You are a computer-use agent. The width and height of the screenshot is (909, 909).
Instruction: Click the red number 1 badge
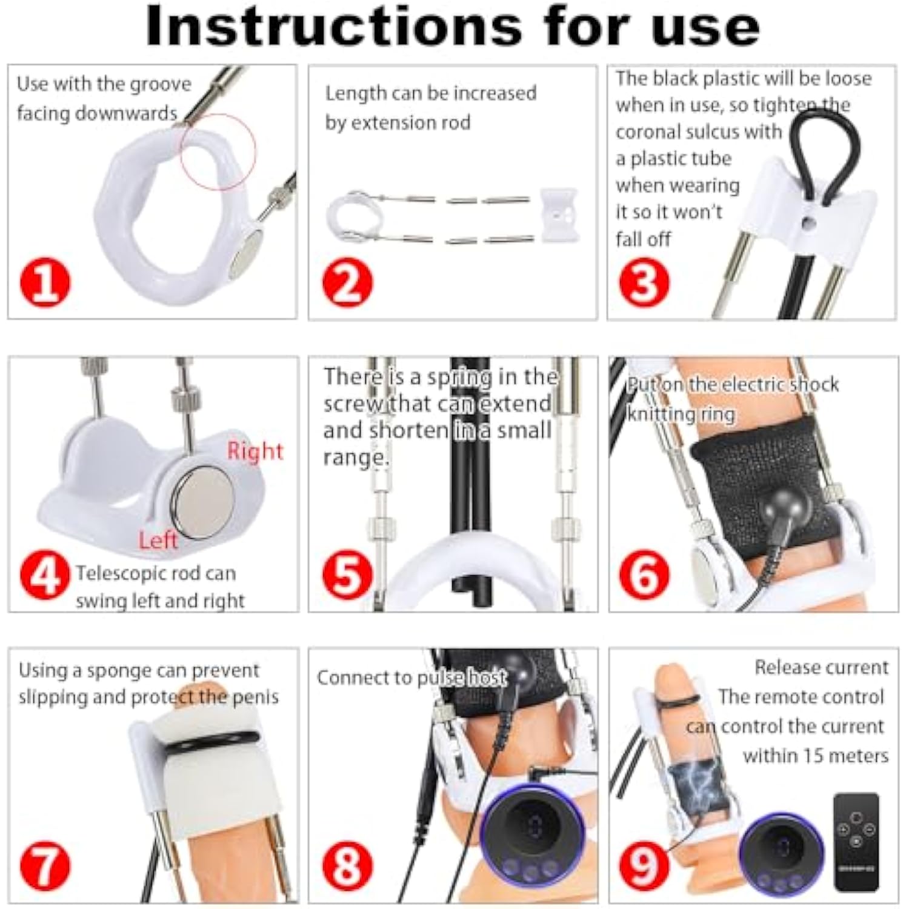click(45, 283)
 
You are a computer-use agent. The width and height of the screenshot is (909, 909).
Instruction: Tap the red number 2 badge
click(347, 283)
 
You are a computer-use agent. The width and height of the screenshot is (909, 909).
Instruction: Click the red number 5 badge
click(347, 574)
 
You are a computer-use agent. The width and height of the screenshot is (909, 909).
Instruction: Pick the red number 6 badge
click(644, 574)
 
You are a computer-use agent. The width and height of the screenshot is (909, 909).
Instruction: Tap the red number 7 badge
click(45, 865)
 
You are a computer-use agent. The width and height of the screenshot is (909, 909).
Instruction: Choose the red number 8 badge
click(347, 865)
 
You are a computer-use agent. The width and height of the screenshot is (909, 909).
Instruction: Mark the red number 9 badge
click(644, 865)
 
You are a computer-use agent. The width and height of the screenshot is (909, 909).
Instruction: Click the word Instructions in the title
click(334, 25)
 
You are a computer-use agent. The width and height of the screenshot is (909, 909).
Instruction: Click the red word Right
click(255, 451)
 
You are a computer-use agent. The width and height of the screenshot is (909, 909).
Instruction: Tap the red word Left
click(158, 540)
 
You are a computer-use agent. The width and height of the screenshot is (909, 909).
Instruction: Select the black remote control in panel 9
click(856, 842)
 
